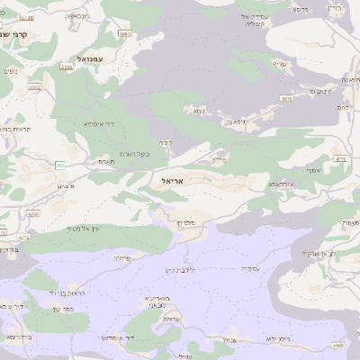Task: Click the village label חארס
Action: click(106, 162)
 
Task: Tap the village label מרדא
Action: click(220, 158)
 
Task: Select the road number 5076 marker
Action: click(286, 99)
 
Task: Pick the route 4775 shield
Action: click(340, 159)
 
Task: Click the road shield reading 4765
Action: click(32, 215)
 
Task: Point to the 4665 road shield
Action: click(337, 345)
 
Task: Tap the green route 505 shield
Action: click(60, 165)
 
